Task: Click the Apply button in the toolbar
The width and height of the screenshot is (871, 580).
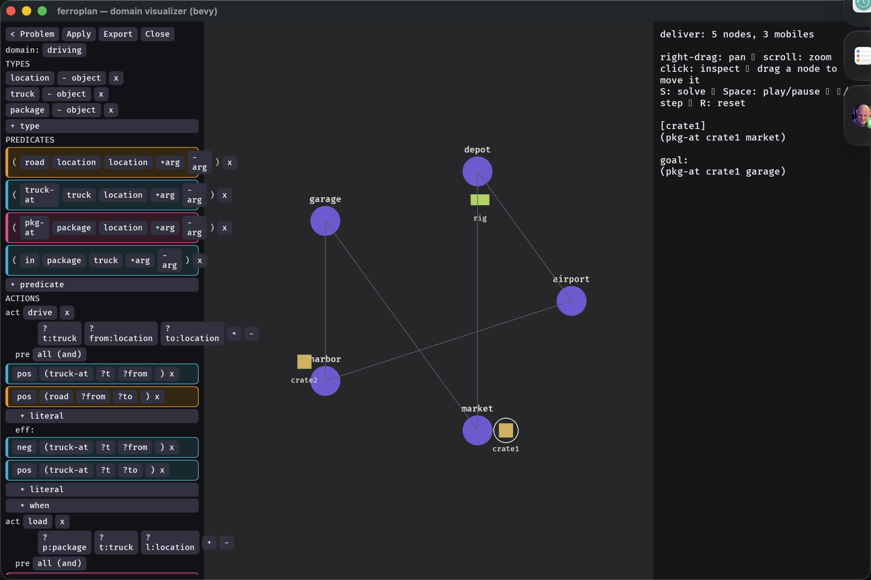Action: [x=78, y=34]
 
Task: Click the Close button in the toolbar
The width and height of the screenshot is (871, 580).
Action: [x=157, y=34]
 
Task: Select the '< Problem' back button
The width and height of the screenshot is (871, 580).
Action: [x=32, y=34]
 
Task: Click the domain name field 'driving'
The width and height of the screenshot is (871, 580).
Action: [x=64, y=50]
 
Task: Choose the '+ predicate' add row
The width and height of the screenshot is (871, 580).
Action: [x=102, y=285]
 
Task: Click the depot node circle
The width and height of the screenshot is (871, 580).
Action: [x=477, y=171]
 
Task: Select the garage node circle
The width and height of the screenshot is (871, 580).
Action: [x=325, y=221]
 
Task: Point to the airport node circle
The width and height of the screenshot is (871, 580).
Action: [x=571, y=301]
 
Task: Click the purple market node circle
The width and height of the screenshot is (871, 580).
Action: [x=477, y=430]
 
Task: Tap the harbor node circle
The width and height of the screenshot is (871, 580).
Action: [x=325, y=381]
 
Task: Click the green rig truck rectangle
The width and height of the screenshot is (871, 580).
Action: [x=480, y=200]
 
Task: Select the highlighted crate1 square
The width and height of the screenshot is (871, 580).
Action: [x=506, y=430]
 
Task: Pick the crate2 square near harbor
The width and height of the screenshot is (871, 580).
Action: [x=304, y=362]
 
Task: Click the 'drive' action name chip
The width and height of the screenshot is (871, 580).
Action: [x=40, y=312]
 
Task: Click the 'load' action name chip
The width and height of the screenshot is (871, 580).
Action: [x=38, y=521]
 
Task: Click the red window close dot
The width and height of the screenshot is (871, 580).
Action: [x=11, y=11]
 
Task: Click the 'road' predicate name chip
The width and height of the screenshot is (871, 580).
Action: [x=34, y=162]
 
